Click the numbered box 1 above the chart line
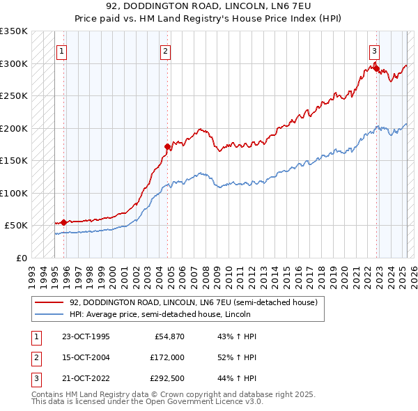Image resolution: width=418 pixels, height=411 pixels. pos(62,50)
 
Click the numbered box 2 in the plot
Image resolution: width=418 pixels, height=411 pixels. pos(165,50)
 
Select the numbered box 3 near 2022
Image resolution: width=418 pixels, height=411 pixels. pos(374,50)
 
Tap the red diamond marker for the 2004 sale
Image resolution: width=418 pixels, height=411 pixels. pos(167,147)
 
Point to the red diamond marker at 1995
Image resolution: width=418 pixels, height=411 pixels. pos(64,222)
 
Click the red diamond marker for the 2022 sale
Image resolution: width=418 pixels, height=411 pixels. pos(376,68)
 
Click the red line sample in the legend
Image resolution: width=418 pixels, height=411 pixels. pos(50,302)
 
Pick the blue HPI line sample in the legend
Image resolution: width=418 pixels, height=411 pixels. pos(50,313)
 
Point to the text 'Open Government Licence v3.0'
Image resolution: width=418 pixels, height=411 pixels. pos(206,402)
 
